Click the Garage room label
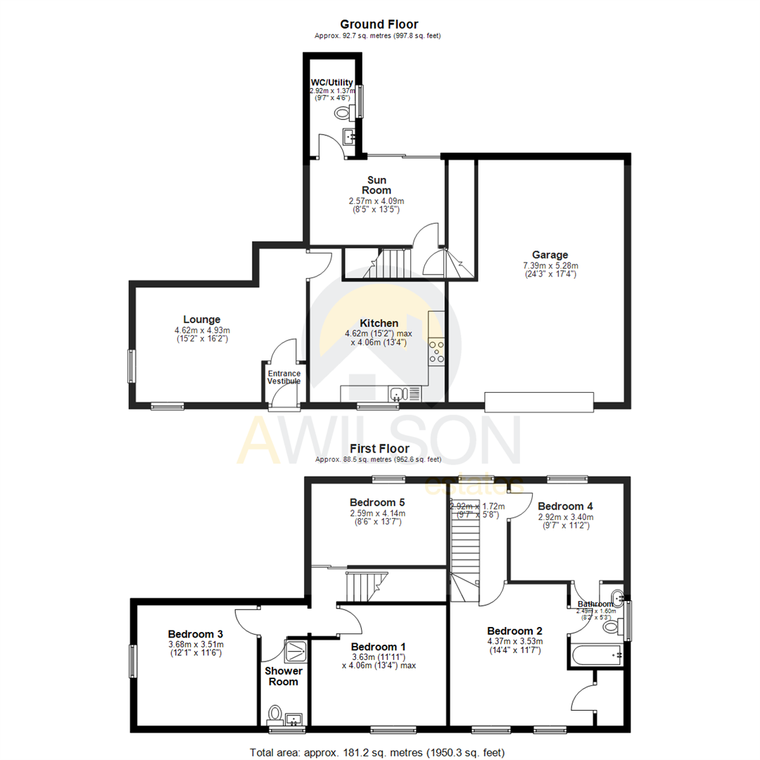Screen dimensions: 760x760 (550, 255)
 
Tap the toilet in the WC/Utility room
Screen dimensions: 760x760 (343, 113)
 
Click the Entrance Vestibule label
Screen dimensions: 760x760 (284, 377)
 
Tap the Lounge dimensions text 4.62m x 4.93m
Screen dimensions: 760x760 (202, 330)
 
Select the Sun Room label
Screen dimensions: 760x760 (376, 185)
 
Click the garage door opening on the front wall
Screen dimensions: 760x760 (539, 402)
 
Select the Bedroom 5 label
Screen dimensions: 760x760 (376, 502)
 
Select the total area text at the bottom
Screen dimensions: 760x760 (378, 752)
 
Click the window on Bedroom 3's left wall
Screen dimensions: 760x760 (132, 661)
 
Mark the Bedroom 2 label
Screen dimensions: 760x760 (515, 630)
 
